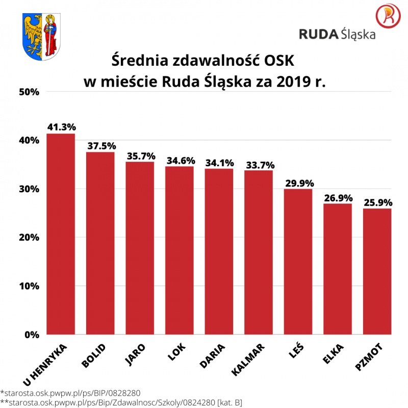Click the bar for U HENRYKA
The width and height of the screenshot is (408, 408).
point(61,235)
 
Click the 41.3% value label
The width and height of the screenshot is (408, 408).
point(61,126)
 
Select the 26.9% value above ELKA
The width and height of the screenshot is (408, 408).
point(338,197)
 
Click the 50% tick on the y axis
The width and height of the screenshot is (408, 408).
point(29,92)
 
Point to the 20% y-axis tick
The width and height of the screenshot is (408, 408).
point(29,238)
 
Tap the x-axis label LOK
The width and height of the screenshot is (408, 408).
point(176,352)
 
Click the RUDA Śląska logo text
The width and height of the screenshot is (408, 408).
point(337,34)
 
